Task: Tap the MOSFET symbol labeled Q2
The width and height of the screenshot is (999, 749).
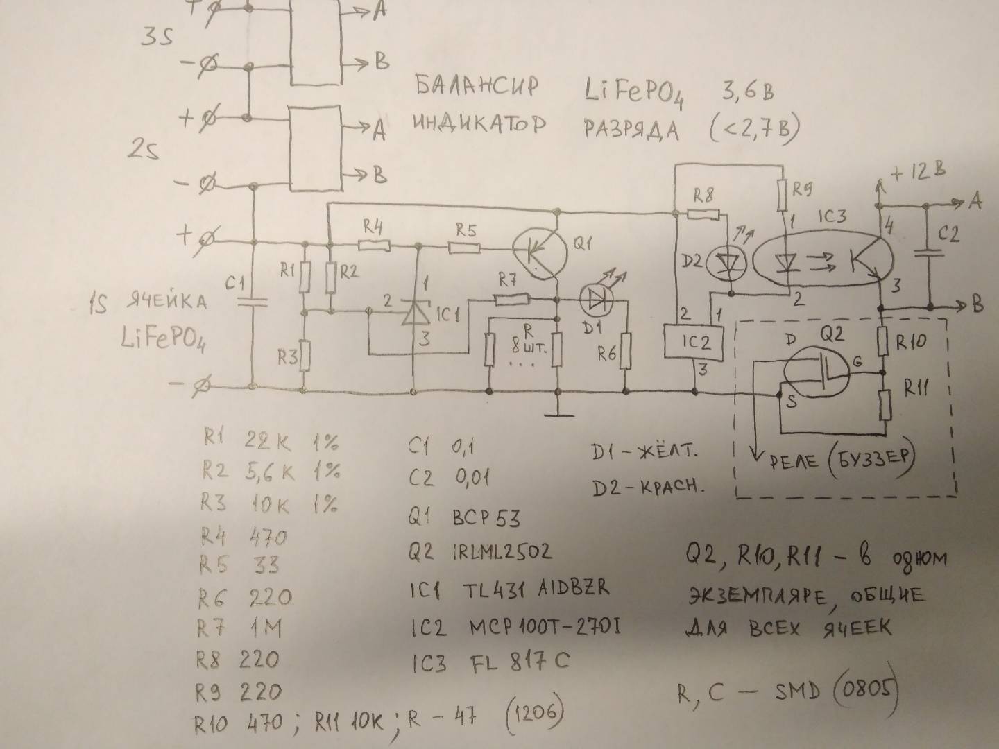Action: [815, 371]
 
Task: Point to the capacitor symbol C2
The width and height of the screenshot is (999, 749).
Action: [928, 254]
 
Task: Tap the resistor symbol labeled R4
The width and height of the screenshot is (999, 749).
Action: [374, 245]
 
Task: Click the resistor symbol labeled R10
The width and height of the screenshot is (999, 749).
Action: [882, 339]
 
